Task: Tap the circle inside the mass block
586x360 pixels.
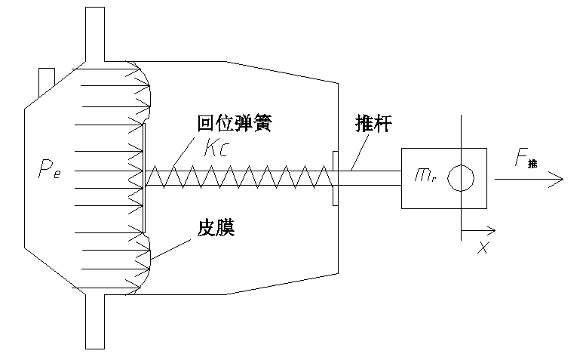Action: [460, 178]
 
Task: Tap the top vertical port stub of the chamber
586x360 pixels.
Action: [94, 30]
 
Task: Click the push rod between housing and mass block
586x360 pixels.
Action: [370, 178]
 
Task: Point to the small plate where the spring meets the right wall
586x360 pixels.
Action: [334, 178]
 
